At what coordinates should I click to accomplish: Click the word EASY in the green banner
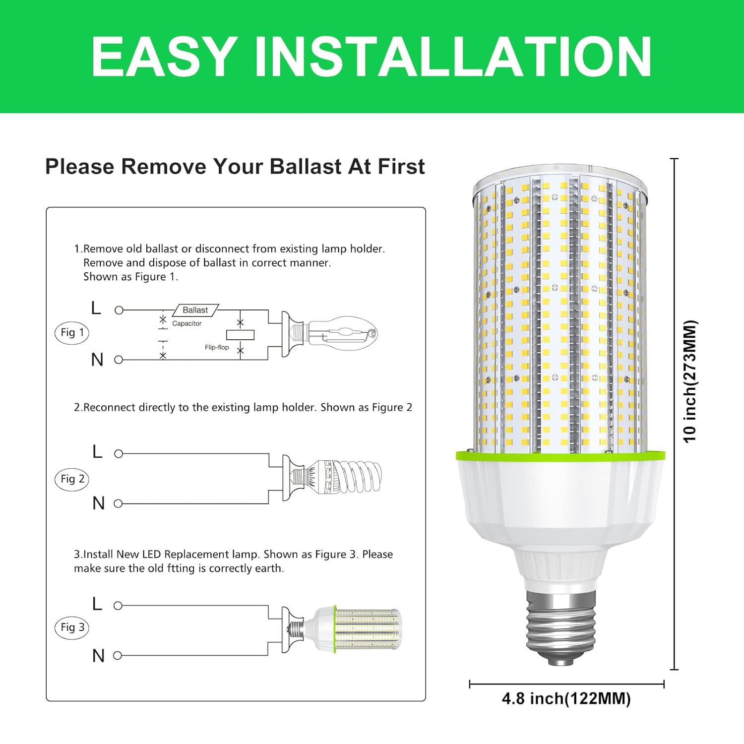point(164,57)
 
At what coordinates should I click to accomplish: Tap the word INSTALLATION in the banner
point(452,57)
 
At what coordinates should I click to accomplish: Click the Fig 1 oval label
point(72,333)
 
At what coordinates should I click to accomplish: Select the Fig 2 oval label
point(72,479)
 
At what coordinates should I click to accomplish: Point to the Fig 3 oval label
point(72,627)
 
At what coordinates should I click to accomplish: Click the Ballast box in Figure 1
point(195,310)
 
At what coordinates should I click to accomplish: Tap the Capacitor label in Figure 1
point(187,323)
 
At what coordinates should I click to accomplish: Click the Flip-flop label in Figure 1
point(217,347)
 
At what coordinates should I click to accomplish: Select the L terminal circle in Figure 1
point(119,310)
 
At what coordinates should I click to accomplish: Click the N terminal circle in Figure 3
point(118,656)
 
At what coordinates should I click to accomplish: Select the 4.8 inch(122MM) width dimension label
point(566,699)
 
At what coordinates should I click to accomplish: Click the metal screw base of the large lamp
point(560,630)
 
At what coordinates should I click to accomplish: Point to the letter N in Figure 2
point(98,503)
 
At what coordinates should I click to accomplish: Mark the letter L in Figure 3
point(97,604)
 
